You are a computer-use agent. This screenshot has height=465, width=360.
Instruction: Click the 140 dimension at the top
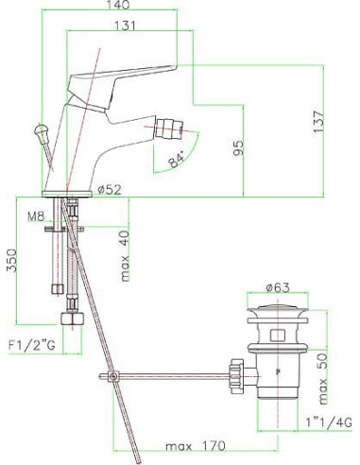click(x=118, y=5)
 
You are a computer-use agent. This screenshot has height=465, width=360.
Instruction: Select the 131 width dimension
click(x=125, y=26)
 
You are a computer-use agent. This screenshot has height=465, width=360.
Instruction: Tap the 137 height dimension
click(x=318, y=122)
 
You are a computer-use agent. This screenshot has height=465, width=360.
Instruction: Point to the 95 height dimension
click(x=238, y=148)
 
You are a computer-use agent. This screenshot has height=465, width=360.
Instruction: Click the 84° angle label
click(x=177, y=160)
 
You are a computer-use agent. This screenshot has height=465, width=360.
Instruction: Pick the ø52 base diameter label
click(x=110, y=189)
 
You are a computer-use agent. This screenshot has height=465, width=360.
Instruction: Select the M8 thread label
click(x=36, y=216)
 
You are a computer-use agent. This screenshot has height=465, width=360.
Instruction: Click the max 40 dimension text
click(x=125, y=256)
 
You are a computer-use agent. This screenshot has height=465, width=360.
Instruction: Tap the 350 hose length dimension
click(x=12, y=260)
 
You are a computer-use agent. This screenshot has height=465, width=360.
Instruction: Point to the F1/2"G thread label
click(x=31, y=346)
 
